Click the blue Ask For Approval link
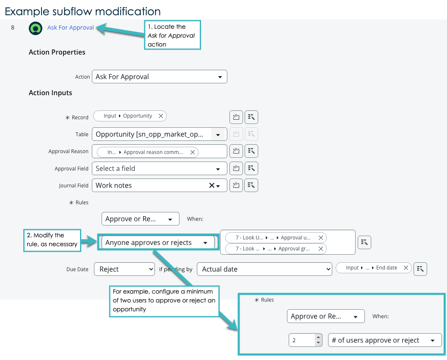70,27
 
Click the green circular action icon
36,28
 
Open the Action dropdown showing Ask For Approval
159,77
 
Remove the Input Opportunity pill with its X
161,116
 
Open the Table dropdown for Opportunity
159,134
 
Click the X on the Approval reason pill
193,152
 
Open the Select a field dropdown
159,168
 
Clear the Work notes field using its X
212,185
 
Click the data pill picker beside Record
251,117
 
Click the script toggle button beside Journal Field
236,185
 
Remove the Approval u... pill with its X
321,237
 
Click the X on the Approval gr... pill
321,249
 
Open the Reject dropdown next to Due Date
124,269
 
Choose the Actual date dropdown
265,269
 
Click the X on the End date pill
406,268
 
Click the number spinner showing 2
306,340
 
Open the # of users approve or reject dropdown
385,340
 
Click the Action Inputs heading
50,93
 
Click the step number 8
13,27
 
